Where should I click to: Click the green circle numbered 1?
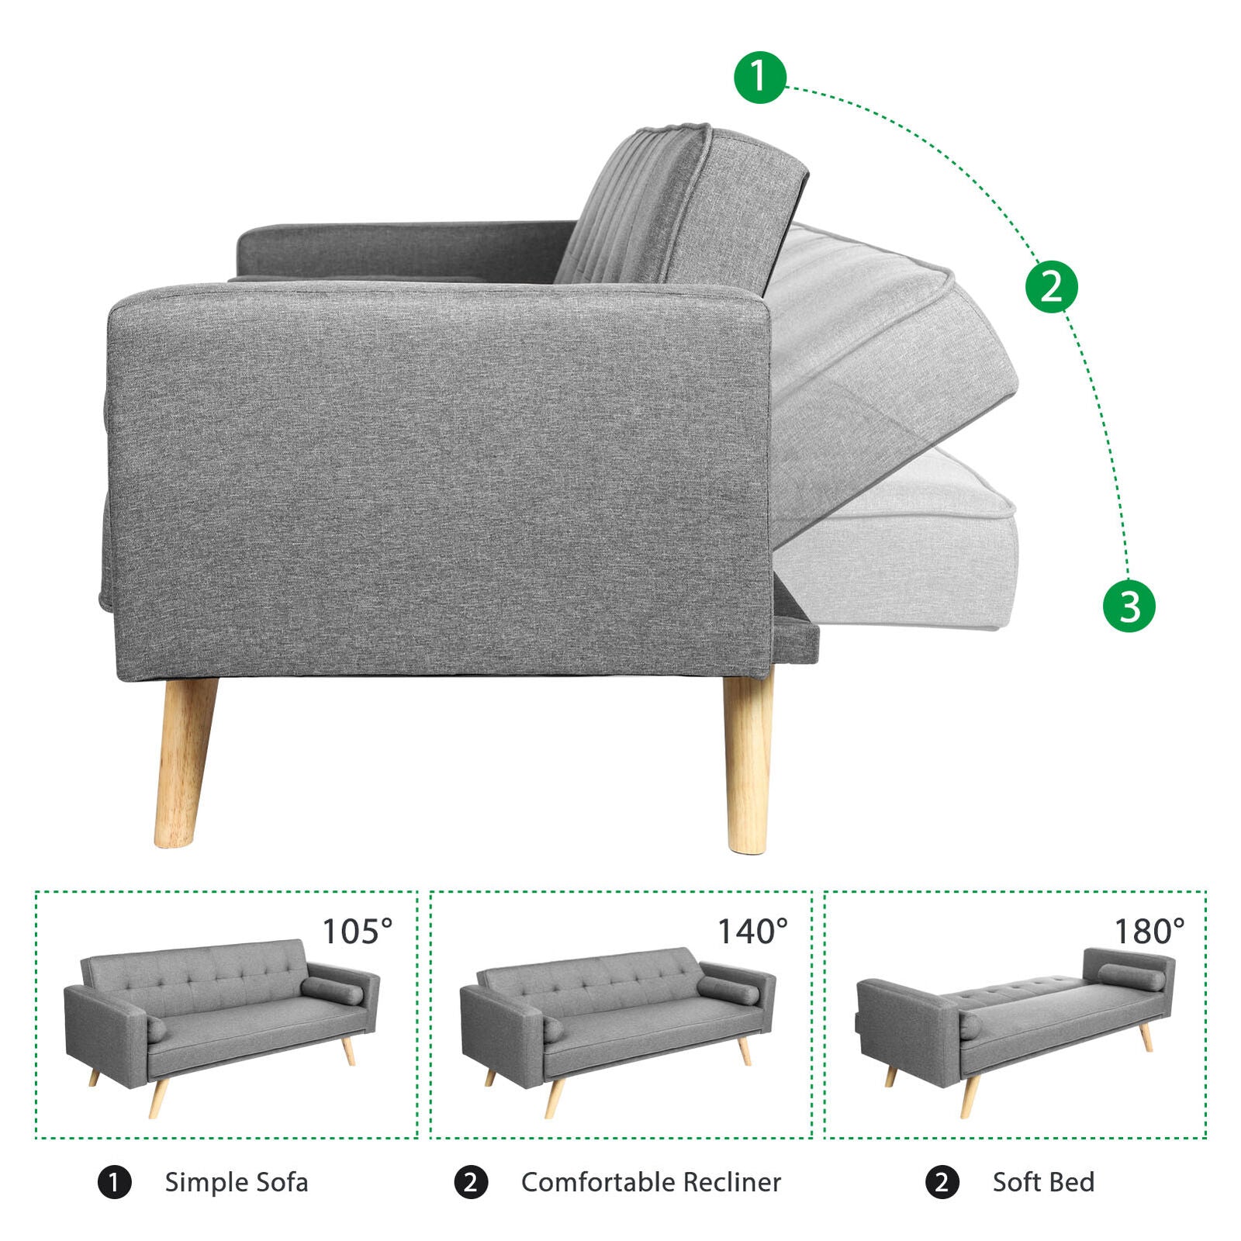click(x=760, y=77)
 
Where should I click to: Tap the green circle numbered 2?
click(x=1052, y=286)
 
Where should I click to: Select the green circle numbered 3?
click(x=1129, y=606)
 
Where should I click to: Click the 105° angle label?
click(x=358, y=932)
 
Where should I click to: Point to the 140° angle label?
click(x=752, y=932)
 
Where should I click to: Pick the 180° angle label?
click(x=1149, y=932)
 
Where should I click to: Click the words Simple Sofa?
click(x=237, y=1182)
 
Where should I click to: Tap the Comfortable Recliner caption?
click(x=652, y=1182)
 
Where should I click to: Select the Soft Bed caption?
click(x=1044, y=1182)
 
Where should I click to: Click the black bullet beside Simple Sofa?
click(x=115, y=1183)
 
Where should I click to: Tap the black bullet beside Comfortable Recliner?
click(x=471, y=1183)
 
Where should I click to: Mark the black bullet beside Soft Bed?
click(x=942, y=1183)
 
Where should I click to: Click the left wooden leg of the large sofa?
click(x=185, y=762)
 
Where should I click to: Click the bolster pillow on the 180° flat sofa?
click(x=1131, y=977)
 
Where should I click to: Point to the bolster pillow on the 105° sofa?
click(x=332, y=990)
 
